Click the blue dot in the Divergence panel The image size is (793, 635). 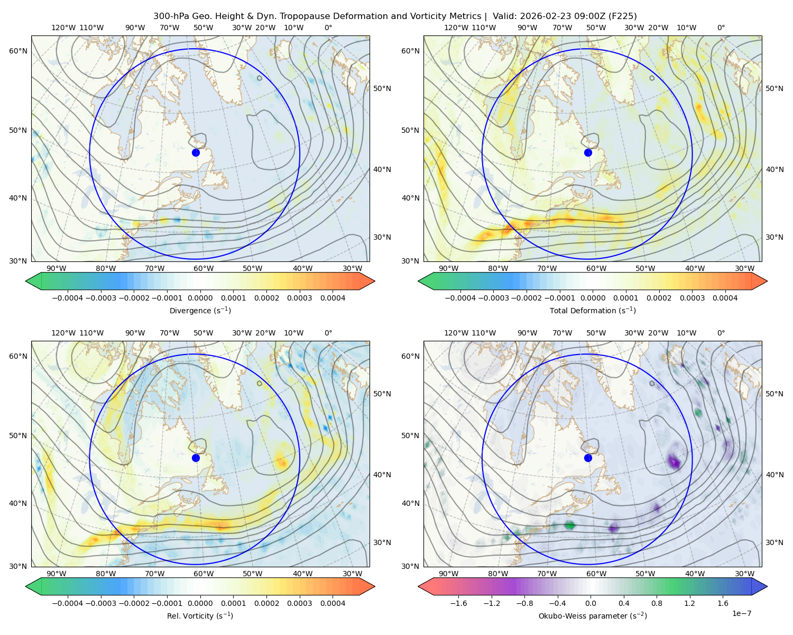click(x=196, y=152)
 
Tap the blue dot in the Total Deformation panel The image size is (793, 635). click(x=588, y=152)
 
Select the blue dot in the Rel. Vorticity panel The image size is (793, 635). click(x=196, y=458)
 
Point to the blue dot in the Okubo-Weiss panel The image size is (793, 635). click(x=588, y=458)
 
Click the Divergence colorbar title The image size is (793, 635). click(x=200, y=310)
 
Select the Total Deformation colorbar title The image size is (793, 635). click(x=593, y=310)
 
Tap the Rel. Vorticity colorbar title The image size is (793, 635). click(x=200, y=615)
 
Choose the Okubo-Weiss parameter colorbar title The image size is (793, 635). click(x=593, y=615)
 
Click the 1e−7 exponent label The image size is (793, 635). click(x=741, y=613)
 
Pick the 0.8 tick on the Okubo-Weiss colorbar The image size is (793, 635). click(x=657, y=603)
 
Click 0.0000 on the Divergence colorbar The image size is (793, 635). click(x=200, y=298)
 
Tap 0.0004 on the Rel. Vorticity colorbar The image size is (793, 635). click(x=333, y=603)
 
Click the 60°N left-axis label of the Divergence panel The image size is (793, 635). click(x=18, y=51)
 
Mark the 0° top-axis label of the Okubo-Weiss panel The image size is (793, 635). click(x=721, y=333)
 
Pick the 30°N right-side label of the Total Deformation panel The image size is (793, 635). click(x=774, y=237)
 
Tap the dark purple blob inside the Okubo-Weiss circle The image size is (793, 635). click(x=675, y=461)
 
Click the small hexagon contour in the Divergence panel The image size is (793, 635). click(x=260, y=78)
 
